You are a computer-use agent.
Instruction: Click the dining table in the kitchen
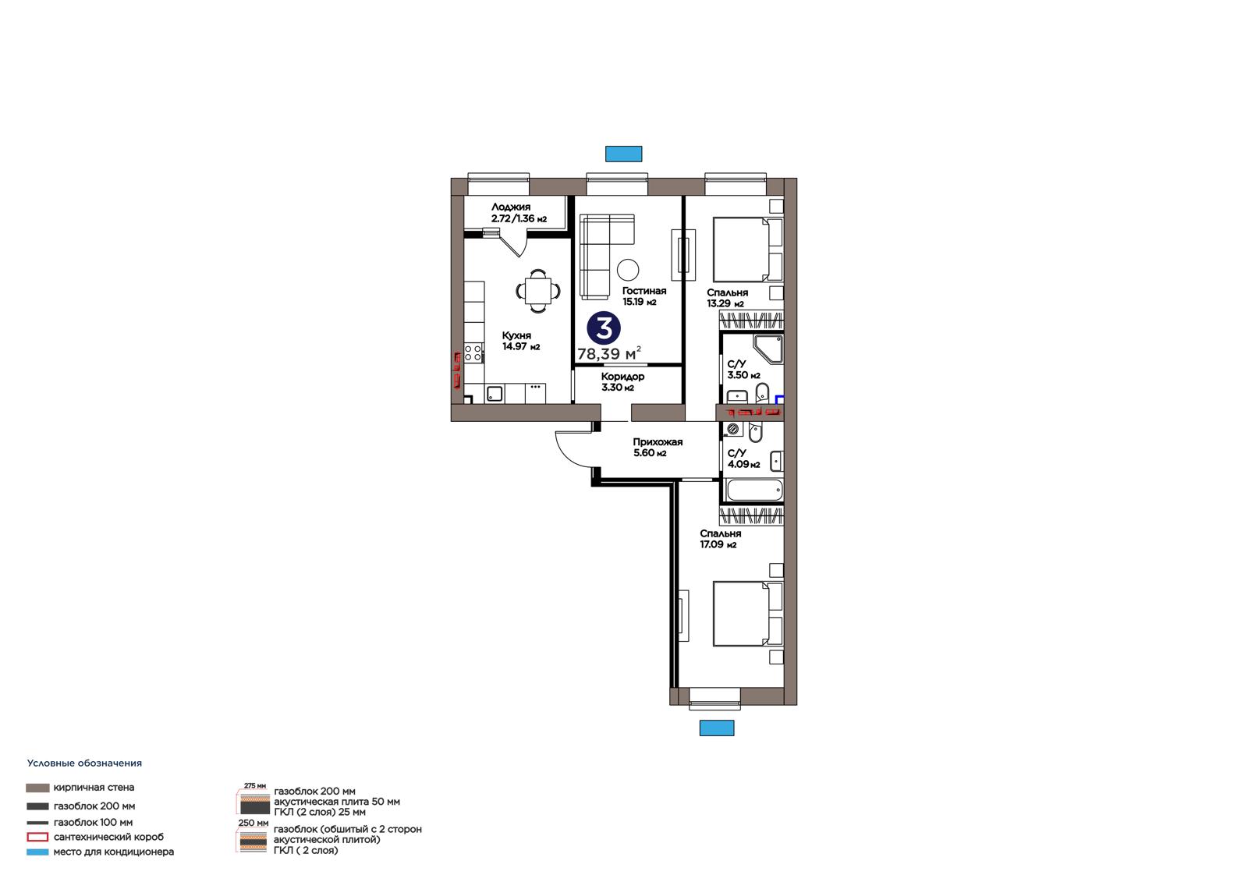pos(538,290)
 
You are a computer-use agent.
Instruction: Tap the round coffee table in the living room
pos(628,271)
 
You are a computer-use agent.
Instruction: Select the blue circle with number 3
pos(604,328)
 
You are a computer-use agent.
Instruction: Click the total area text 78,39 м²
pos(609,353)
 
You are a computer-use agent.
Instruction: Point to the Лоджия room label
pos(510,207)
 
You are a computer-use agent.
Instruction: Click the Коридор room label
pos(622,377)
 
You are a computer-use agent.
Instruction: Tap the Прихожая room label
pos(658,442)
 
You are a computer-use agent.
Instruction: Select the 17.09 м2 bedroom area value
pos(718,544)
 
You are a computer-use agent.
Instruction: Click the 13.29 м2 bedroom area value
pos(725,303)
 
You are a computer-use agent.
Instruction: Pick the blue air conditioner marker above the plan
pos(623,154)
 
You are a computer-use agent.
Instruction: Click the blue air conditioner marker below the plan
pos(717,728)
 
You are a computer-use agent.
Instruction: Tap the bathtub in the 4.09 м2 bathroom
pos(754,491)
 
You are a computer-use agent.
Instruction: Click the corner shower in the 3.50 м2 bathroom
pos(768,349)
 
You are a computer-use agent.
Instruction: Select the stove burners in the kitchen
pos(473,352)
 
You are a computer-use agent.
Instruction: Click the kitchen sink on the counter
pos(495,394)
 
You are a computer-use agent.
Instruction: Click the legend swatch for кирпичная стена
pos(37,788)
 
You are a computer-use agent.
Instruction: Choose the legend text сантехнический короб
pos(108,837)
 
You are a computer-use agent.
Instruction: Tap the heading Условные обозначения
pos(84,763)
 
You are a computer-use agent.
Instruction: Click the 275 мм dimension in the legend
pos(254,785)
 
